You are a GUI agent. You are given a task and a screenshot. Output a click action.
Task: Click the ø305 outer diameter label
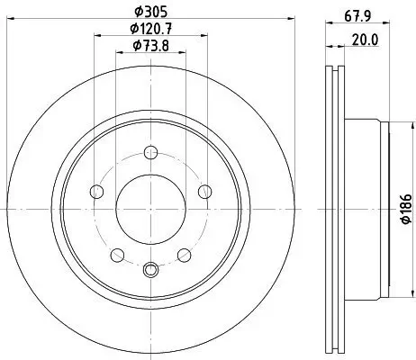tap(151, 11)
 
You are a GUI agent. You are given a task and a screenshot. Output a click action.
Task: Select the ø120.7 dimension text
tap(151, 29)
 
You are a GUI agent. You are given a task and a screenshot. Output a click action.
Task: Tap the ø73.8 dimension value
tap(151, 47)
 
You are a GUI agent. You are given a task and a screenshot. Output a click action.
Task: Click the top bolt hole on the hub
tap(151, 156)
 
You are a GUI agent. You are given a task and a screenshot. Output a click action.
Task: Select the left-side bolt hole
tap(97, 190)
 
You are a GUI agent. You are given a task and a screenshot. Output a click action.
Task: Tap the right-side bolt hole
tap(204, 190)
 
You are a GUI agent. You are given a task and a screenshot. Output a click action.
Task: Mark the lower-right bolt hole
tap(183, 254)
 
